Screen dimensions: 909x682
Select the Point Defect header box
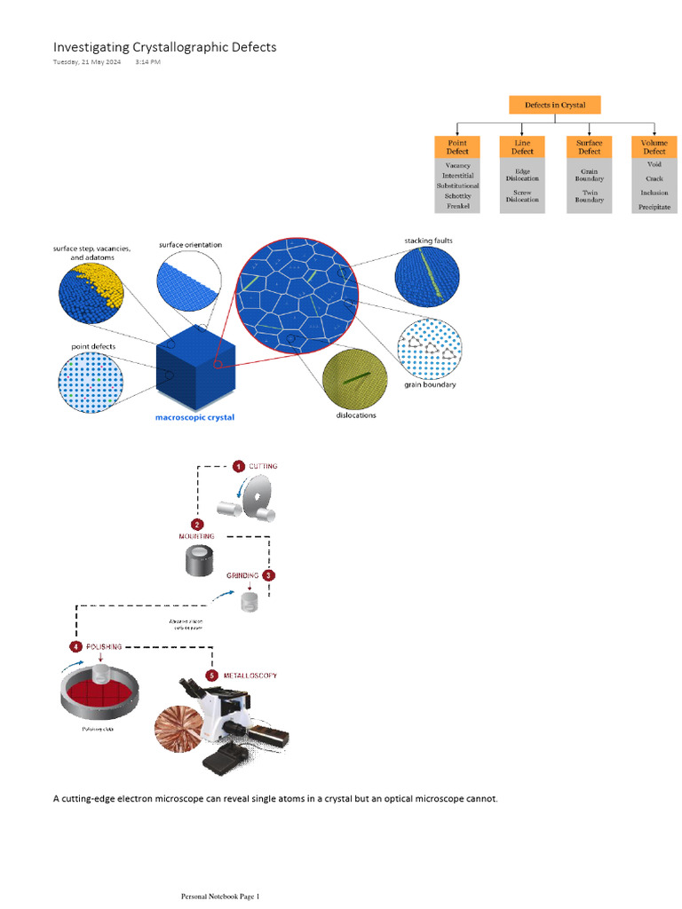(x=457, y=146)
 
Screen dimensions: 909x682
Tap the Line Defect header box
(x=522, y=146)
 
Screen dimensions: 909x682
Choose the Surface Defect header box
(x=590, y=146)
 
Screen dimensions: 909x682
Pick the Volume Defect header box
(x=654, y=146)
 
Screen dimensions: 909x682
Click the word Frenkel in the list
(x=458, y=206)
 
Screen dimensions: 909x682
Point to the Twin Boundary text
(x=590, y=196)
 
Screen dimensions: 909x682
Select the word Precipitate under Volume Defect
(x=654, y=207)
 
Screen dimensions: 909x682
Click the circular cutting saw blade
(x=260, y=496)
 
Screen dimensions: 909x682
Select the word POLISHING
(x=103, y=646)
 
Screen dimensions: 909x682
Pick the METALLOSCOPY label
(x=251, y=676)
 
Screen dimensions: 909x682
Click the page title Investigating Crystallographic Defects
(x=164, y=47)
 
